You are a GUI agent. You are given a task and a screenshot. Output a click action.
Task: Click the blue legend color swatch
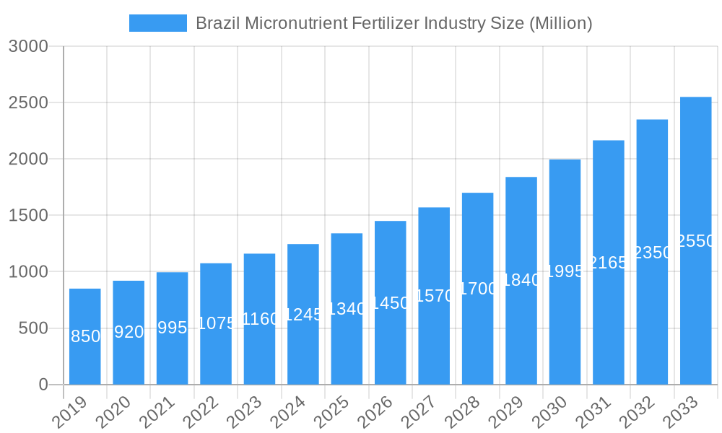click(x=157, y=23)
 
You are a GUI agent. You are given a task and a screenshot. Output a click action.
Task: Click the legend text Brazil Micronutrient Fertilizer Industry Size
click(x=394, y=23)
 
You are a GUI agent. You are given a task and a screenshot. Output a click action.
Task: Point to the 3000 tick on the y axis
click(x=28, y=46)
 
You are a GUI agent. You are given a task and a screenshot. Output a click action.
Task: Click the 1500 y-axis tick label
click(x=28, y=215)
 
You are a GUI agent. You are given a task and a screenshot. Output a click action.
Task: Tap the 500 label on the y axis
click(x=33, y=328)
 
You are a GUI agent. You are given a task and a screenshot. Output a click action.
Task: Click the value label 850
click(x=85, y=336)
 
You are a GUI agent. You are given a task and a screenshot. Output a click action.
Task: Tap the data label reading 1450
click(x=390, y=303)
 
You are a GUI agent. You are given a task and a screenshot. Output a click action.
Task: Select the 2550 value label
click(x=695, y=241)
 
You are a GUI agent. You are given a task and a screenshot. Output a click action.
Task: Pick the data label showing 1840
click(x=521, y=280)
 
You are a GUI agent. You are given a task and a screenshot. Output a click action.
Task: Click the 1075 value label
click(x=216, y=323)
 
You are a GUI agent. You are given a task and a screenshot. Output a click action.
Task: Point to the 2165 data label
click(x=608, y=263)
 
